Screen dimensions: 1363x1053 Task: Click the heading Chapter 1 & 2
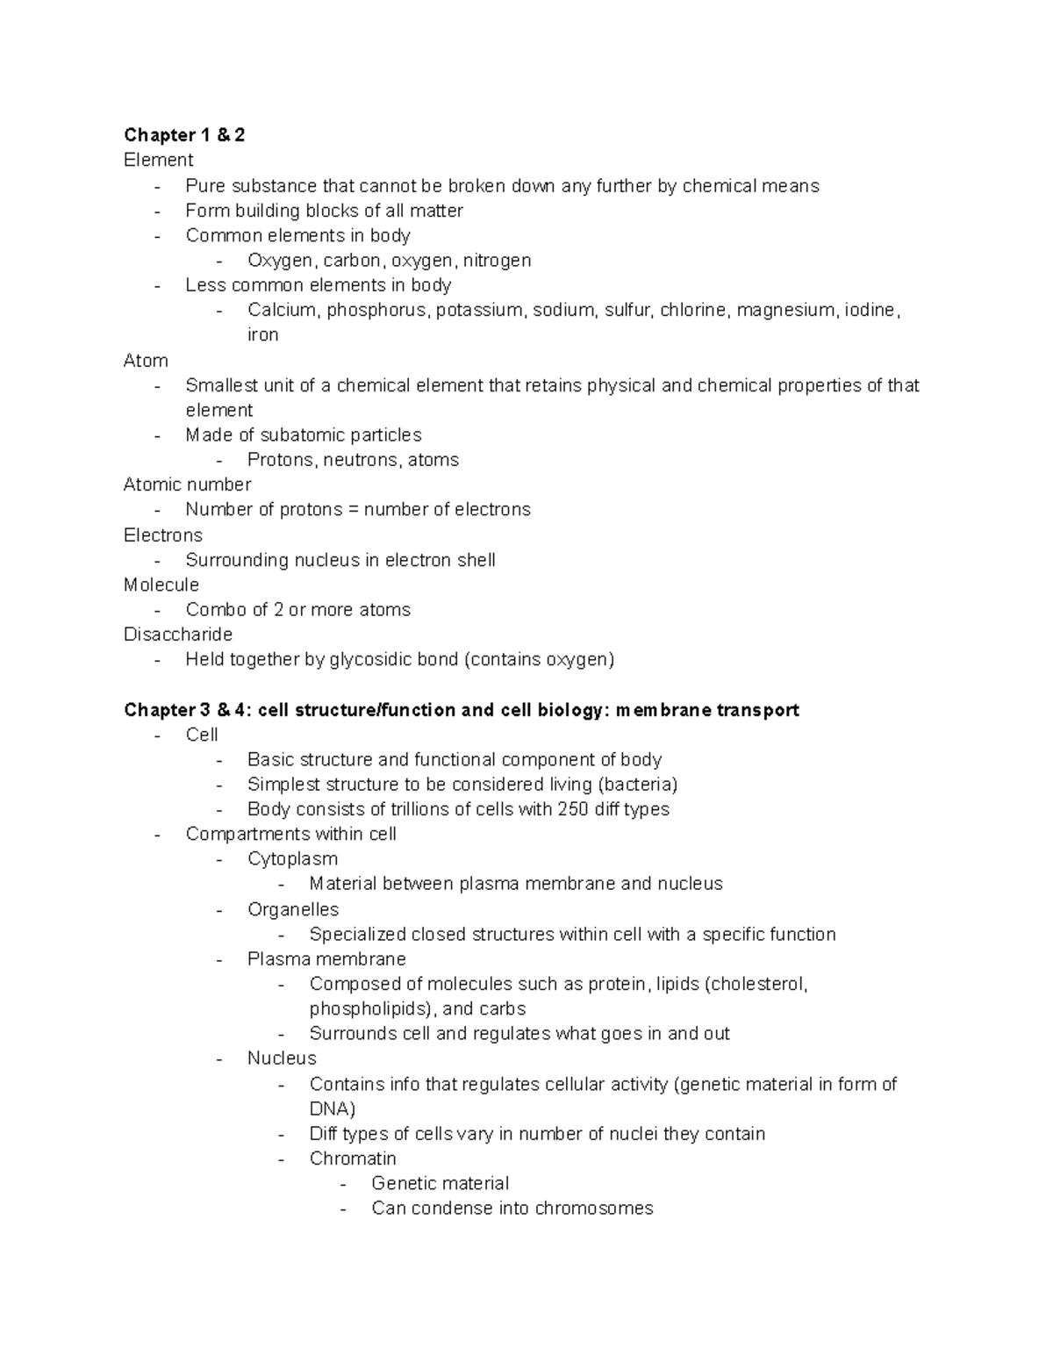(184, 134)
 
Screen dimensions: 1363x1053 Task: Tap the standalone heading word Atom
(146, 361)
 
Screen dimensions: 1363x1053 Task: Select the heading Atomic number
(187, 484)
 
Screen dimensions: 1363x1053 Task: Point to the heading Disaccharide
(178, 635)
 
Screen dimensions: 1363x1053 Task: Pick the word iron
(262, 335)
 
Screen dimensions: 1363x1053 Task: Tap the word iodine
(870, 310)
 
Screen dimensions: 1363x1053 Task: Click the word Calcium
(283, 310)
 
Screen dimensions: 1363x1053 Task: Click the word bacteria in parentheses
(636, 785)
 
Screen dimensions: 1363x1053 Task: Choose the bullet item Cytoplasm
(292, 859)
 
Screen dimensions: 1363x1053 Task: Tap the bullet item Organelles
(293, 909)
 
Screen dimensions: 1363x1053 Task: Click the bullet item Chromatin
(353, 1159)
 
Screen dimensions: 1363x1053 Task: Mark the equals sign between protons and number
(353, 510)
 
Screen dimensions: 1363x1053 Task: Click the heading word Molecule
(161, 585)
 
